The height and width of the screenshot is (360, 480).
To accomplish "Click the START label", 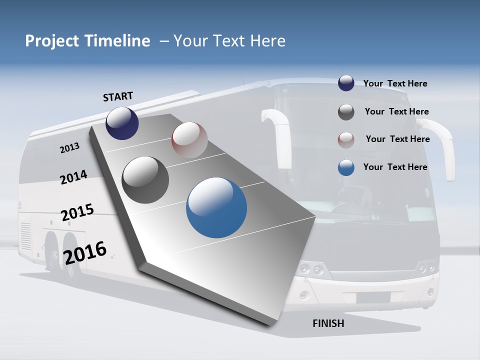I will pos(118,96).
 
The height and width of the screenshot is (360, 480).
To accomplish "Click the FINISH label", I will pos(328,323).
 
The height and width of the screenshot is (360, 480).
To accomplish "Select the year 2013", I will pos(70,148).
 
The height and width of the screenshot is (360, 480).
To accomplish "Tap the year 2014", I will pos(73,177).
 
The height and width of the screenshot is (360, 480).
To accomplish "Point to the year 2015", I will pos(77,212).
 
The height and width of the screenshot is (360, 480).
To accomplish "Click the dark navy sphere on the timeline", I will pos(122,123).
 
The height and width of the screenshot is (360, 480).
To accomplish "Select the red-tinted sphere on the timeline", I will pos(189,140).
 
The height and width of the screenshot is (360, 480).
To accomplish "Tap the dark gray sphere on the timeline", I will pos(145,180).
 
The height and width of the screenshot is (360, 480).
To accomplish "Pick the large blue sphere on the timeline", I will pos(216,207).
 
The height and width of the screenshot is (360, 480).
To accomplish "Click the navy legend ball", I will pos(346,83).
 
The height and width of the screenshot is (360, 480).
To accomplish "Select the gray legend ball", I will pos(346,112).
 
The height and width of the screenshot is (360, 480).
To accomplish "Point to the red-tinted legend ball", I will pos(346,140).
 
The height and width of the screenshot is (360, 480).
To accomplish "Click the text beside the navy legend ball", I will pos(395,83).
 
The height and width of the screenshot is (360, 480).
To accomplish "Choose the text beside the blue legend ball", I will pos(395,167).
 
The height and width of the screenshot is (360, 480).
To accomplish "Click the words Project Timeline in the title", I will pos(87,41).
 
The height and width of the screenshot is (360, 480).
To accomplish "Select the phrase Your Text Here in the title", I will pos(229,41).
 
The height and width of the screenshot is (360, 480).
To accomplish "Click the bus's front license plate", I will pos(373,297).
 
